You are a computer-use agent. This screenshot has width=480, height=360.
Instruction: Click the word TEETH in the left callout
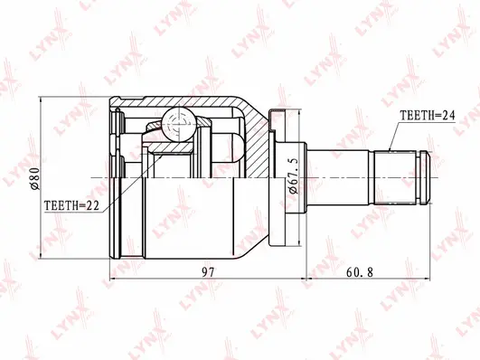coord(61,205)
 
